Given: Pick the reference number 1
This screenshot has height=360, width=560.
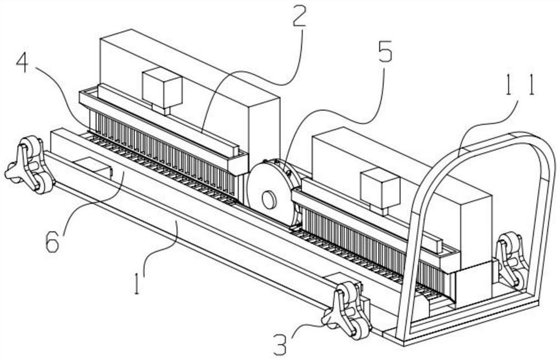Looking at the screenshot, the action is point(137,283).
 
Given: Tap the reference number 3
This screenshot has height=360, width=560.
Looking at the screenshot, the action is point(280,343).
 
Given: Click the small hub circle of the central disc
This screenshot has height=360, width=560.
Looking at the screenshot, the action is point(269,200).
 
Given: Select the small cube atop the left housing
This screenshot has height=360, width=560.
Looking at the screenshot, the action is point(163,90).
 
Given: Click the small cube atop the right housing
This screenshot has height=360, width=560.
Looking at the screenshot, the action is point(380,192).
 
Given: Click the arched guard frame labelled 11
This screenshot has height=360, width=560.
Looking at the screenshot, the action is point(475,236).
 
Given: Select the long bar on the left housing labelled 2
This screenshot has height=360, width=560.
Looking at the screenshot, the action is point(168,121).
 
